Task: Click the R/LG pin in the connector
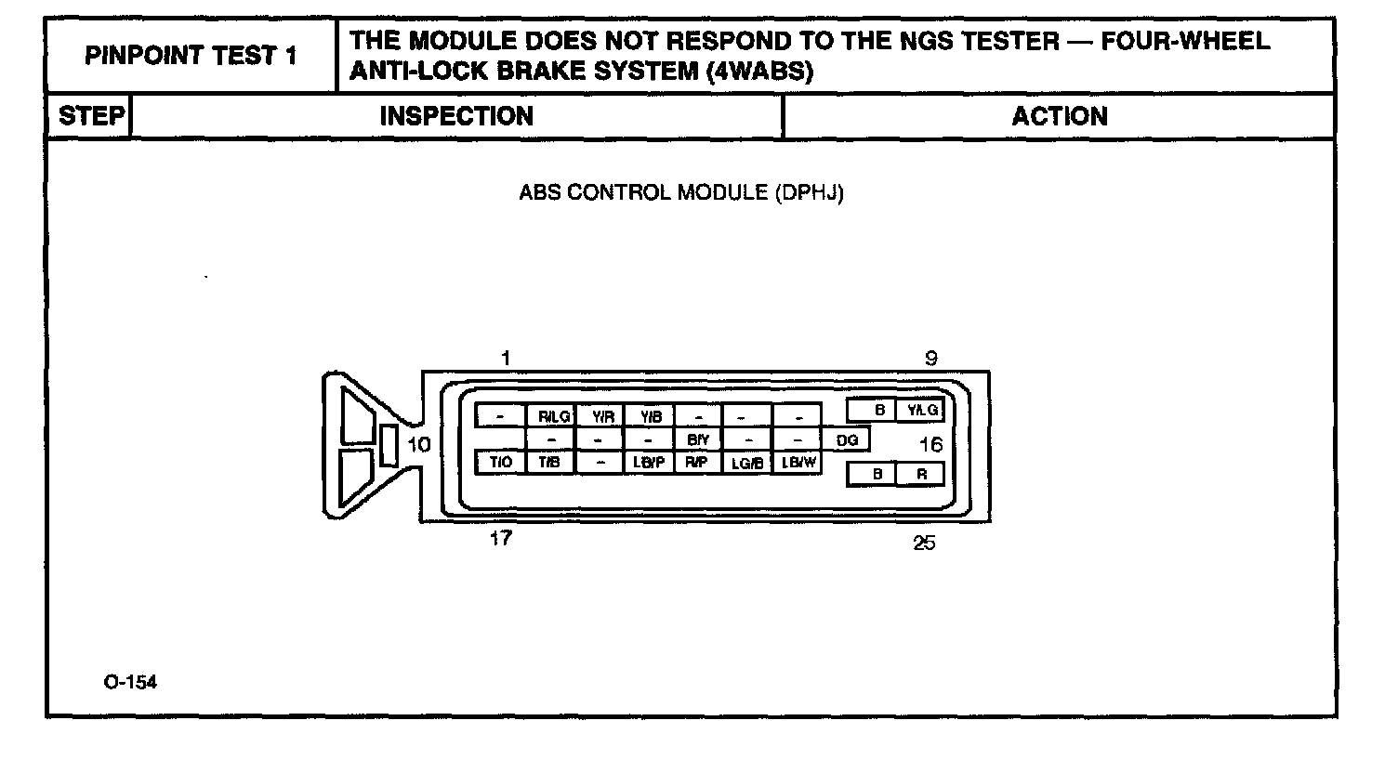click(x=553, y=416)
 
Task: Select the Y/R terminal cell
click(x=602, y=416)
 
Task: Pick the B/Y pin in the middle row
click(x=698, y=439)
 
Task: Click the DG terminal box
click(x=847, y=440)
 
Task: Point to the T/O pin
click(x=501, y=462)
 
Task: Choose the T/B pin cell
click(x=550, y=462)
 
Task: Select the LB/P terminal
click(x=649, y=462)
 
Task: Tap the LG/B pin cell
click(x=747, y=462)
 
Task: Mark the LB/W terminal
click(x=798, y=462)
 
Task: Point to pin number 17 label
click(x=500, y=539)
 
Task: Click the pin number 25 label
click(x=924, y=544)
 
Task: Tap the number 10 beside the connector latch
click(x=419, y=445)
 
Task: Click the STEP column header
click(x=90, y=116)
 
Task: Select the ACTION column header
click(x=1059, y=116)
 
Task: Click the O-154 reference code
click(x=130, y=682)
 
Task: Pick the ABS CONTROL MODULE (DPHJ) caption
click(x=681, y=193)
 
